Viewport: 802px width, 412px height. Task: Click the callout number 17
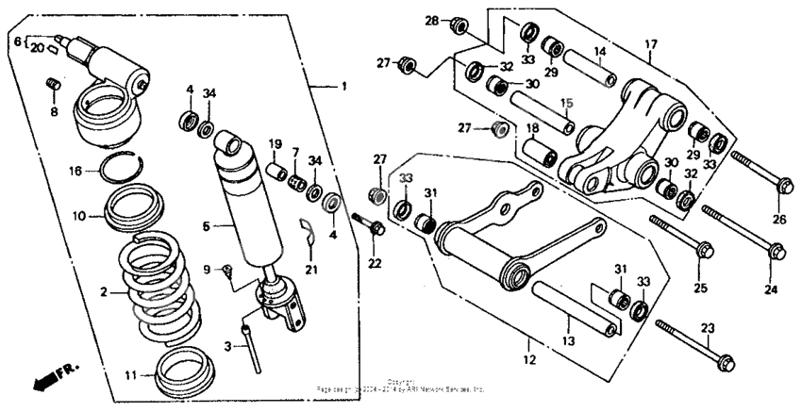coord(651,43)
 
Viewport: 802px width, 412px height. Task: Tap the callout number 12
coord(530,359)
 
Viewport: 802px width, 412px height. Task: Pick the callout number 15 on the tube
coord(567,103)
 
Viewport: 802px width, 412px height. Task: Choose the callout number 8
coord(54,111)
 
